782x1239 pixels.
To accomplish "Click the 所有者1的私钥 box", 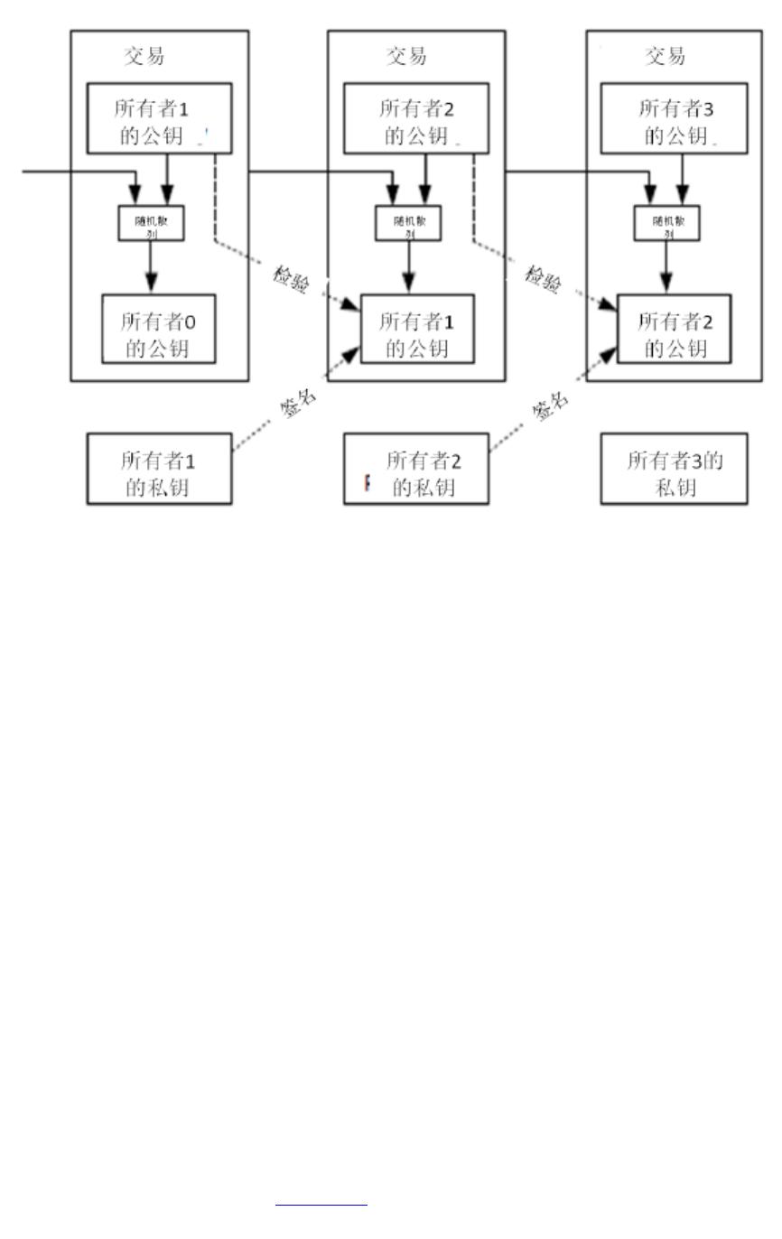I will (x=159, y=468).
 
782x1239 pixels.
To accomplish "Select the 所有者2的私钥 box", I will (x=416, y=468).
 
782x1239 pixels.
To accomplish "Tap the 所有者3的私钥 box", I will (x=674, y=468).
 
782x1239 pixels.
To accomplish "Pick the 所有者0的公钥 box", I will (x=159, y=329).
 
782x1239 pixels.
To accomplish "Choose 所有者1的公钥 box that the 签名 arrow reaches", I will (x=417, y=329).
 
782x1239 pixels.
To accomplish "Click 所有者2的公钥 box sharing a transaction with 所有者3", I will (x=674, y=329).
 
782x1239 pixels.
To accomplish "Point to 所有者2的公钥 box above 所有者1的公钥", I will (x=417, y=117).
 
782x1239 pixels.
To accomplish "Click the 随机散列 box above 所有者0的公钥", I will (x=152, y=223).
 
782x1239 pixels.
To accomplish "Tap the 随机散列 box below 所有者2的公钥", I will (x=409, y=223).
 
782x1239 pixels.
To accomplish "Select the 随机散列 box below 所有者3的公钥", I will (x=667, y=223).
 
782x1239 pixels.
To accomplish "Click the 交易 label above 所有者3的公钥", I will (x=665, y=56).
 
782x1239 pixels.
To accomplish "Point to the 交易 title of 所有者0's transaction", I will (x=144, y=56).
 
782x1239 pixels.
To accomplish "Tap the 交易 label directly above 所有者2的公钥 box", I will (x=406, y=56).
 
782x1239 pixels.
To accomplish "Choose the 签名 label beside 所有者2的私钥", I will (x=552, y=405).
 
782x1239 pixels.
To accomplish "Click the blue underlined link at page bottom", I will (x=321, y=1203).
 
